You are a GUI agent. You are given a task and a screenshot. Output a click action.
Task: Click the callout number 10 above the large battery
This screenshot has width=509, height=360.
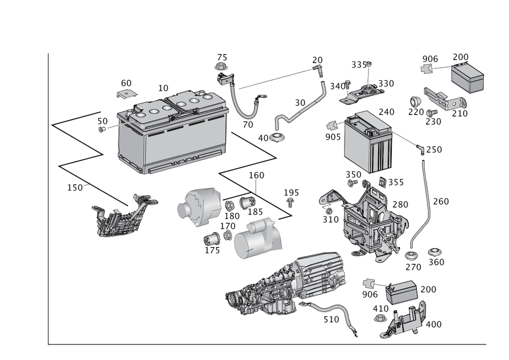pyautogui.click(x=163, y=88)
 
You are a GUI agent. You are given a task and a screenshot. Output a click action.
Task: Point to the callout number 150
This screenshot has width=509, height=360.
pyautogui.click(x=75, y=187)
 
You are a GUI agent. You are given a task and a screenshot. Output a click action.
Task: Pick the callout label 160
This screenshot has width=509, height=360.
pyautogui.click(x=257, y=176)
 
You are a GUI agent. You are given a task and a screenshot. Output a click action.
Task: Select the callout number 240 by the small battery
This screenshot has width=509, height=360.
pyautogui.click(x=386, y=112)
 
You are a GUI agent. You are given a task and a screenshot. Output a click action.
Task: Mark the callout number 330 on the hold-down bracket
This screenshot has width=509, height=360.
pyautogui.click(x=385, y=83)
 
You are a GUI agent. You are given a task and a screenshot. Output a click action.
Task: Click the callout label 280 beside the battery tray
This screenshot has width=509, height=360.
pyautogui.click(x=401, y=204)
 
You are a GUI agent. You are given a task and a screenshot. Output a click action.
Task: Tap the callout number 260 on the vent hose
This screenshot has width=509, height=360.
pyautogui.click(x=441, y=202)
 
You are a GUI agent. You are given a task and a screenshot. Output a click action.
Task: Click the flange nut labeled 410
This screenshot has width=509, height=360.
pyautogui.click(x=380, y=318)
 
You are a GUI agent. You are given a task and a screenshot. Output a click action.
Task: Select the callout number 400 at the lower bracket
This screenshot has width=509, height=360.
pyautogui.click(x=433, y=324)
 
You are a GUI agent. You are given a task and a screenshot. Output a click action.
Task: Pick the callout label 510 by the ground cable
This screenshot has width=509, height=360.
pyautogui.click(x=331, y=319)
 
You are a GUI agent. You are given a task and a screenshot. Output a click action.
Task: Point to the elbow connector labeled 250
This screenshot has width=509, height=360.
pyautogui.click(x=421, y=149)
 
